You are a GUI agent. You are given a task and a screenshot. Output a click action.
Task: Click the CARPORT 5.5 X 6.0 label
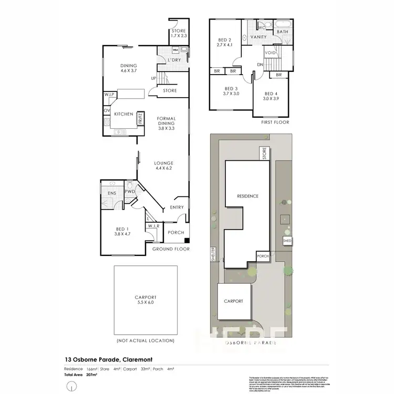click(145, 300)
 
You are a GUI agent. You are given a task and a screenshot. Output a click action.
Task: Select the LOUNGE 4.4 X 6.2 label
click(163, 166)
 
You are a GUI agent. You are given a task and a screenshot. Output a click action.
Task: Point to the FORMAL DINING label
click(166, 123)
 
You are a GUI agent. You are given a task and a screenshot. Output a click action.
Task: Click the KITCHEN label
click(124, 114)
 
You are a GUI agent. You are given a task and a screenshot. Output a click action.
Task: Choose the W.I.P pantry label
click(110, 95)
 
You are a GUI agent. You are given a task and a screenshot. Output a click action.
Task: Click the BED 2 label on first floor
click(225, 41)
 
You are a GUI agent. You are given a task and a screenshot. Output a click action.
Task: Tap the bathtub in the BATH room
click(284, 24)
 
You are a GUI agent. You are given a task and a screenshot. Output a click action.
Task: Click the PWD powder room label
click(130, 192)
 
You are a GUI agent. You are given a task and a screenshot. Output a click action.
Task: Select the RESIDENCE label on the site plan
click(247, 196)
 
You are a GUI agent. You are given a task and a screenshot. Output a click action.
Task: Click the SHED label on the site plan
click(287, 241)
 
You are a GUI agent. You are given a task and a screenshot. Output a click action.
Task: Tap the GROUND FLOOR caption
click(171, 248)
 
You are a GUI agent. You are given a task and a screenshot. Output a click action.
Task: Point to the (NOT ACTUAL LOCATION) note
click(145, 341)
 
